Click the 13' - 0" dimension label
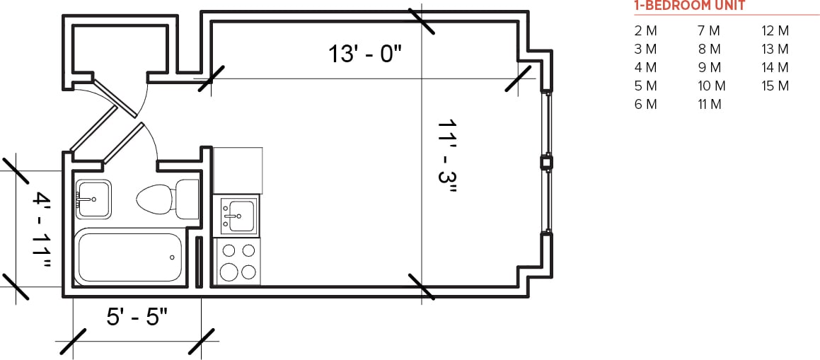point(364,54)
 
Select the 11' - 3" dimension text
point(449,156)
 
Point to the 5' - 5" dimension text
point(137,316)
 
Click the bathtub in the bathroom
point(129,258)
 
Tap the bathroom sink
point(93,199)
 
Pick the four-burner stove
point(237,261)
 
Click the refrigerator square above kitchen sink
point(238,170)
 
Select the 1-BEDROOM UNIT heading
point(689,6)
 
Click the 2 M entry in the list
point(646,31)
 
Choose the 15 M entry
point(775,86)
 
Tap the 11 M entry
point(709,105)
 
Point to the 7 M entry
point(709,31)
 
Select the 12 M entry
point(775,31)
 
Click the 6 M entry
point(646,105)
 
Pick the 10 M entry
point(711,86)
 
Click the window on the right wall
point(545,163)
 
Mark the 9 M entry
point(709,68)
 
